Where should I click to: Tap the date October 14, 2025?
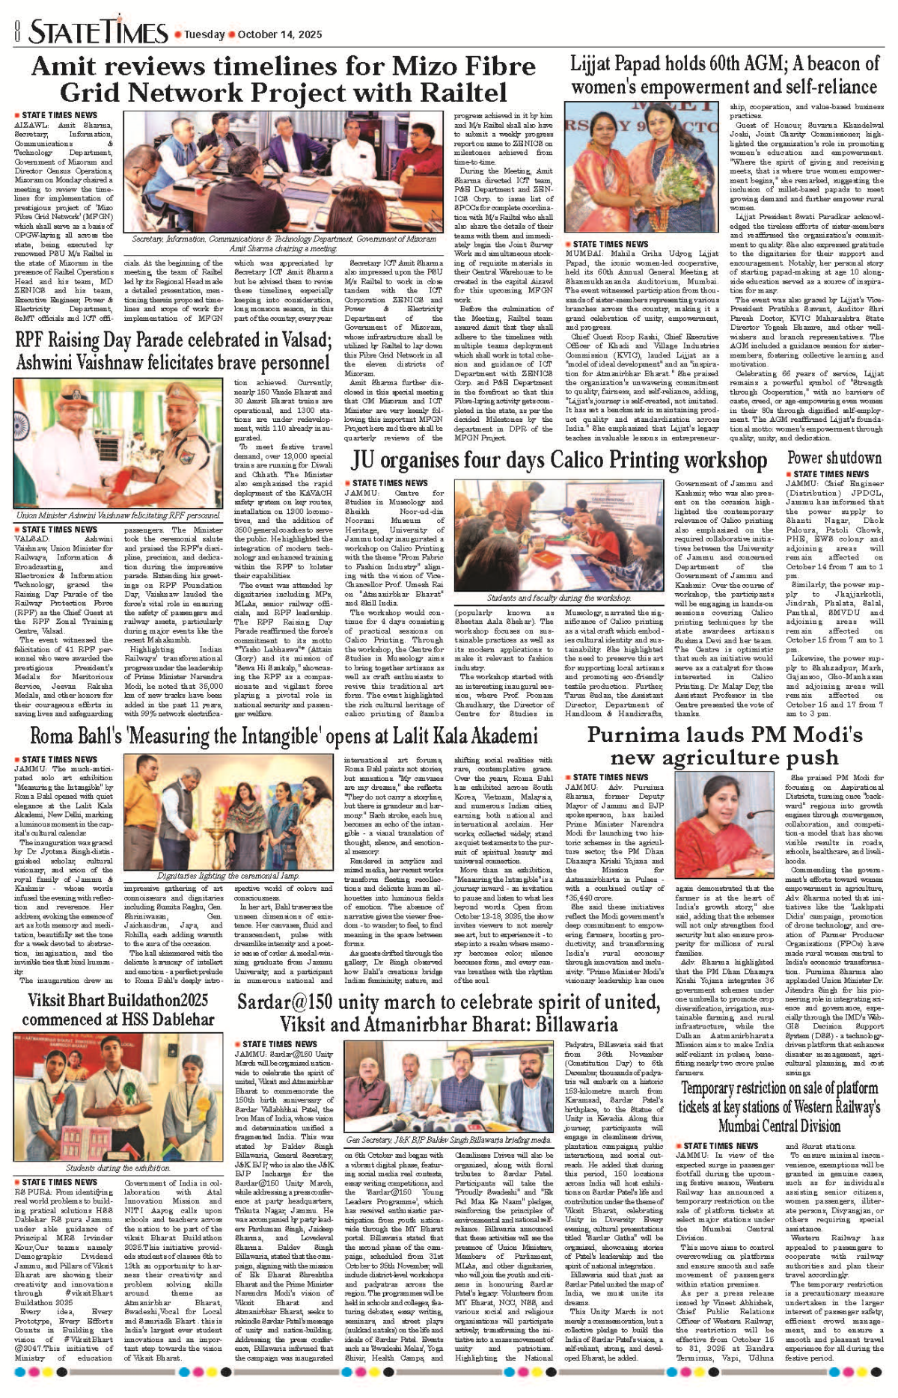pos(280,34)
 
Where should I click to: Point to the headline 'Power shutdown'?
pos(834,458)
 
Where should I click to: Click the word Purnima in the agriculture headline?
pos(633,735)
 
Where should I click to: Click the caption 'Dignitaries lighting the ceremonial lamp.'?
pos(228,876)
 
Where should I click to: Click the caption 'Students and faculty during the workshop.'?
pos(558,598)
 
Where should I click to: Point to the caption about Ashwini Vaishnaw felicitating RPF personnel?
pos(118,515)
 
